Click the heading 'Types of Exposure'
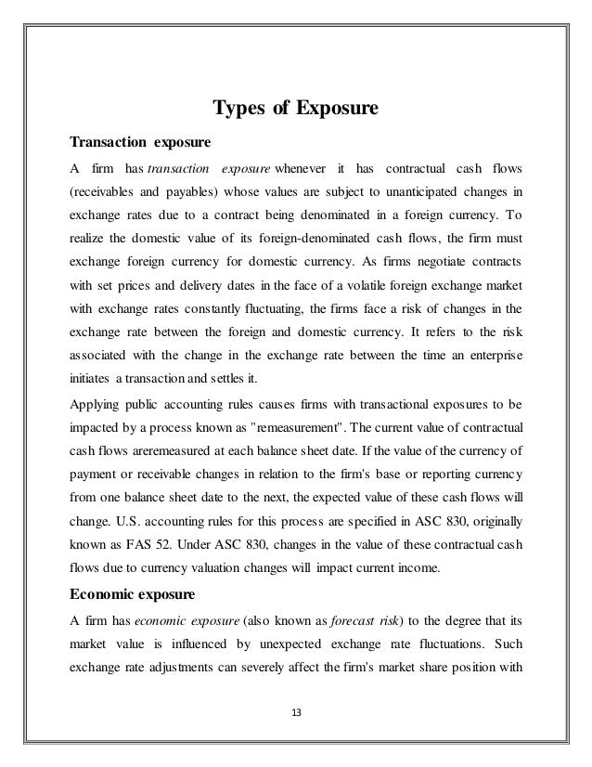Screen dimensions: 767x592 pos(295,110)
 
